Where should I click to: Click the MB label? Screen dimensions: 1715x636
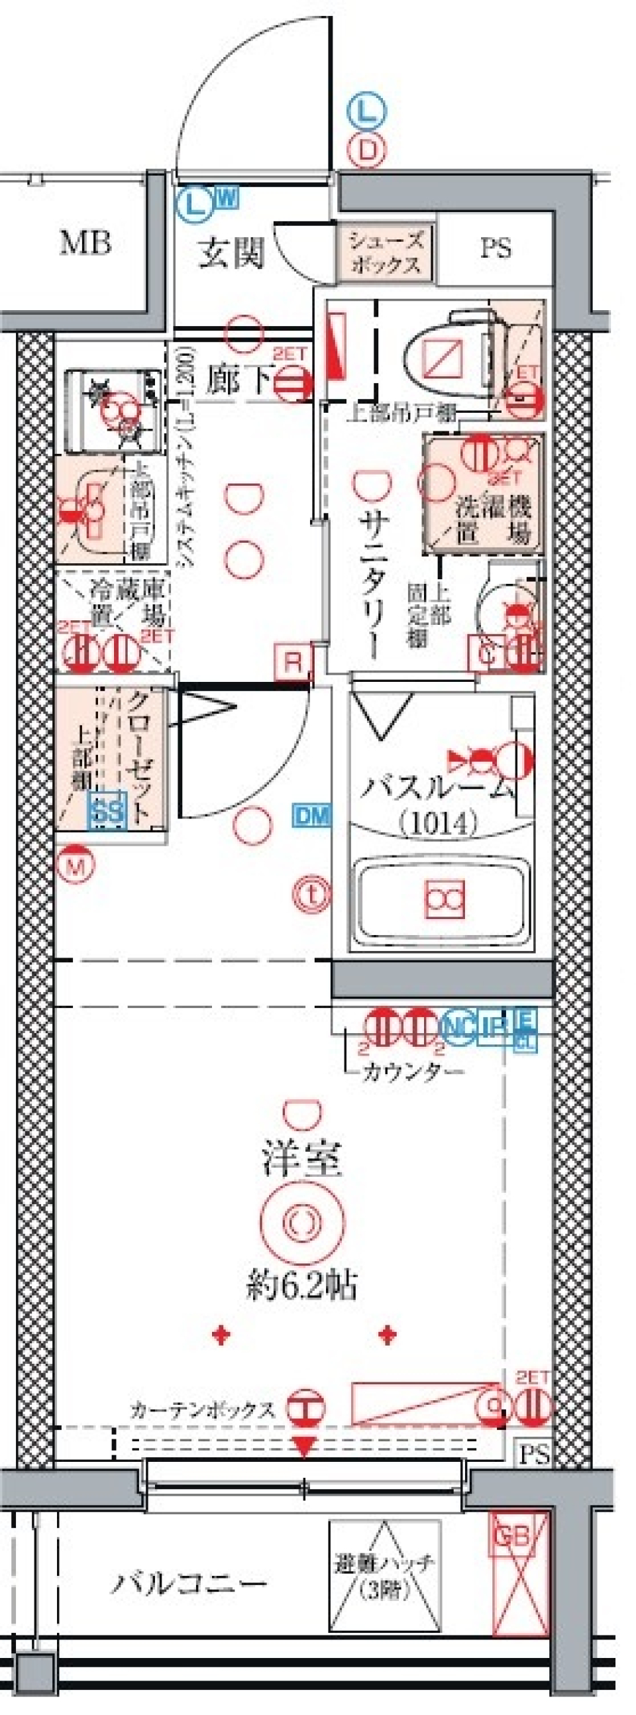(x=85, y=244)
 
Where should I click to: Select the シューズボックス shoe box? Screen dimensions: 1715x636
(x=386, y=252)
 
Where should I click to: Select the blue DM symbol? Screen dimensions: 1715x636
(x=312, y=816)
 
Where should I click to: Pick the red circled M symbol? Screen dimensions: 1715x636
(x=77, y=865)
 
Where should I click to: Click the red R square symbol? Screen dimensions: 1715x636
(x=293, y=663)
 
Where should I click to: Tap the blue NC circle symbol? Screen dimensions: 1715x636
(x=458, y=1026)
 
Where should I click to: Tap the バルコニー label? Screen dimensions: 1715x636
(x=188, y=1583)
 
